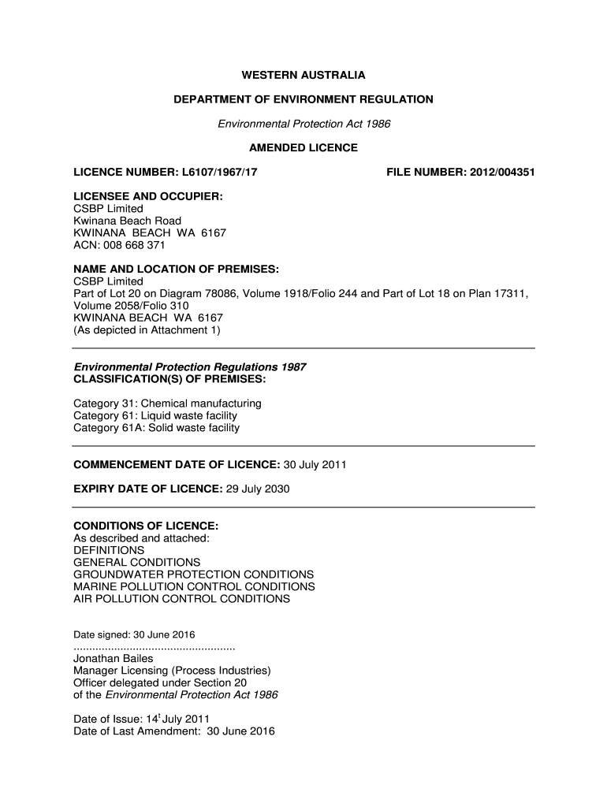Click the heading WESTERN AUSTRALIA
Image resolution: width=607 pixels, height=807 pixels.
303,76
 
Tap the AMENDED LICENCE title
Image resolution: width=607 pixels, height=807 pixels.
303,147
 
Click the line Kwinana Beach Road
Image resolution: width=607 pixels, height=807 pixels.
127,221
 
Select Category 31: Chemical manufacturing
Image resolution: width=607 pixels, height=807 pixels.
167,403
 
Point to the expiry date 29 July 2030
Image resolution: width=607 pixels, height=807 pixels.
258,489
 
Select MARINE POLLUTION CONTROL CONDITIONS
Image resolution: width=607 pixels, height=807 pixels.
194,586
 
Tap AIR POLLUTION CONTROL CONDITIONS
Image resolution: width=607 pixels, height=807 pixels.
181,599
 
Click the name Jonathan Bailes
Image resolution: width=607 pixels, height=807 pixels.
113,659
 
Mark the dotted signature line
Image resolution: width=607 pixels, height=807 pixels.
155,647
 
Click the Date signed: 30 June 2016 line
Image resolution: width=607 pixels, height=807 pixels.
134,634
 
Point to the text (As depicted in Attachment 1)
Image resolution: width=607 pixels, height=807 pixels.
147,330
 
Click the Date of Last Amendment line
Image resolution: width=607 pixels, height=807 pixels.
173,731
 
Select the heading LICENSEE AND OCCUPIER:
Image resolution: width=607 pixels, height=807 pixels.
147,196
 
